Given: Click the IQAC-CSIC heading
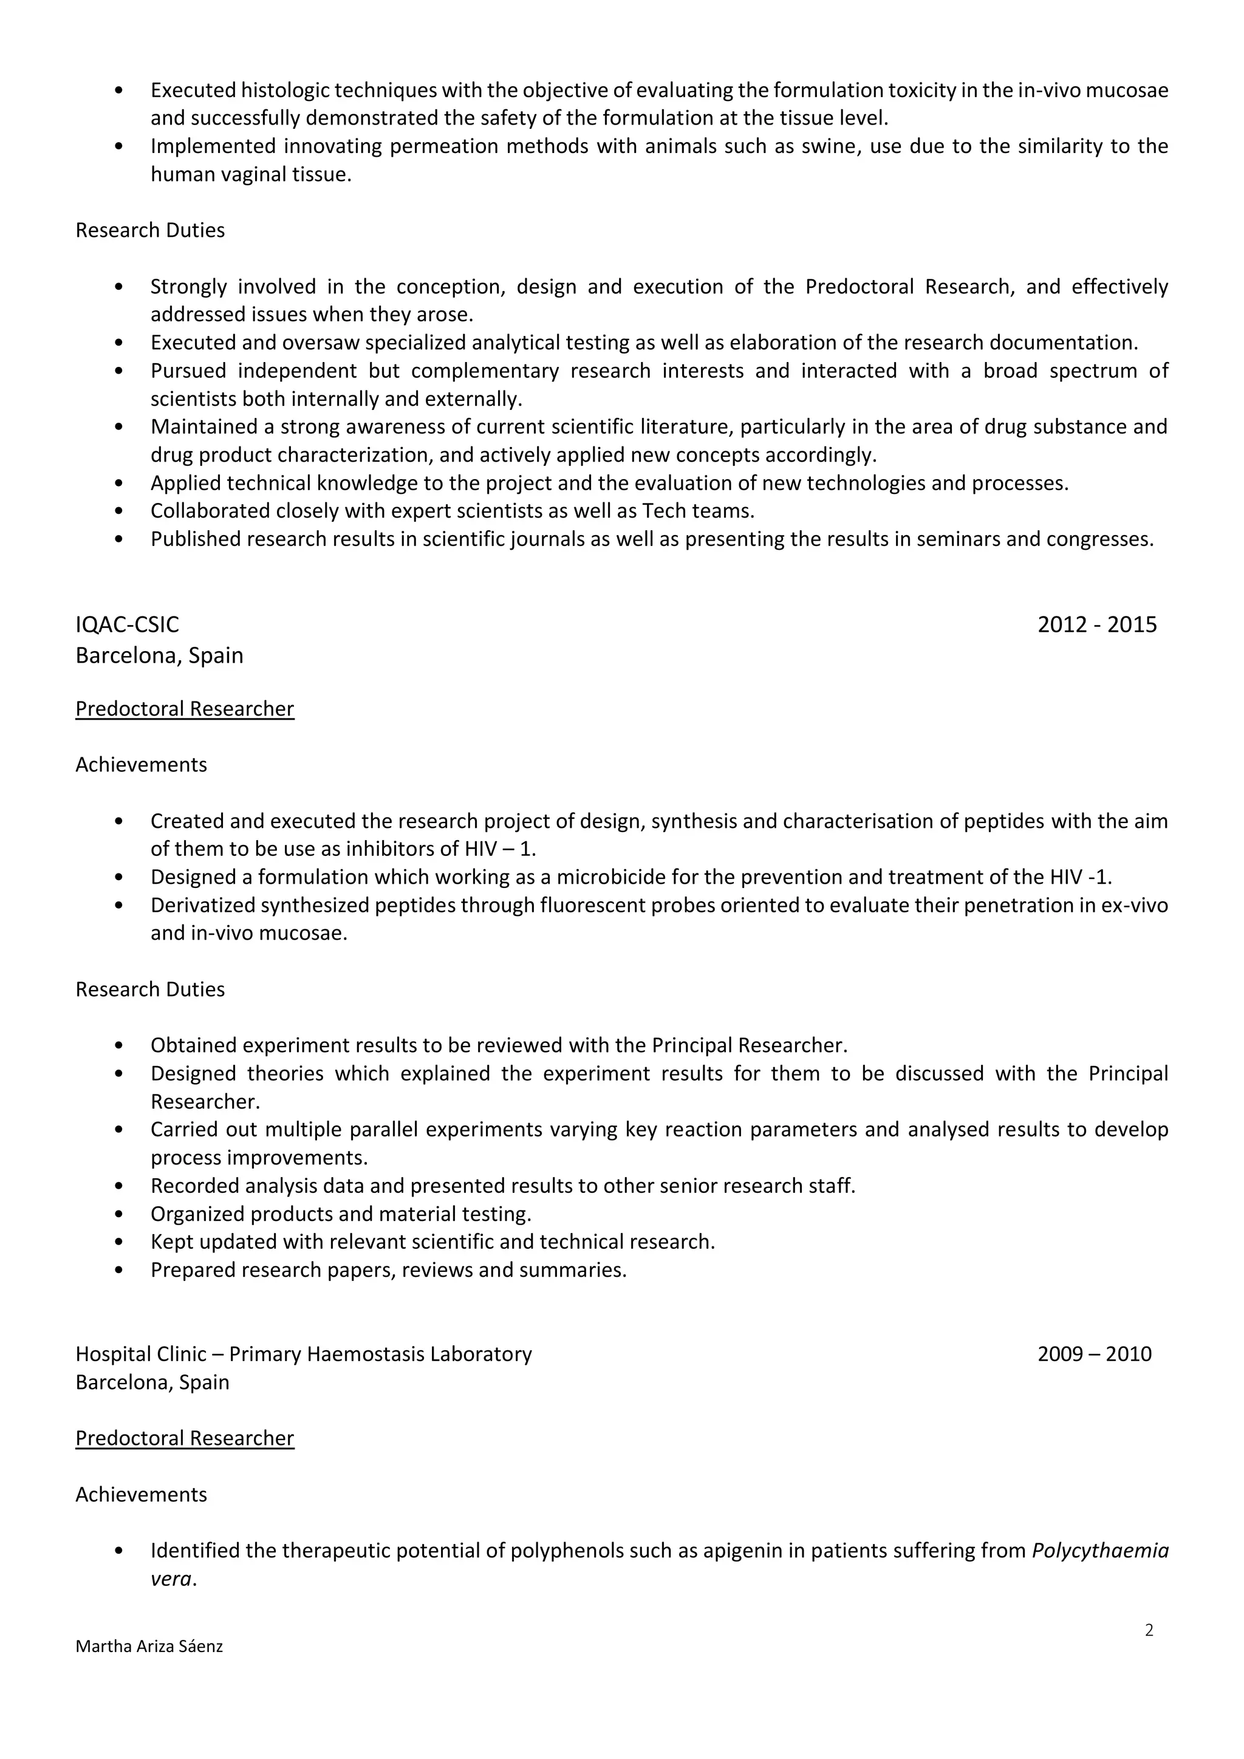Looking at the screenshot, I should (x=127, y=624).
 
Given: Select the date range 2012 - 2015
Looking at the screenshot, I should (x=1096, y=624).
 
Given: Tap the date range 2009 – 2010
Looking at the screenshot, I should (x=1094, y=1354).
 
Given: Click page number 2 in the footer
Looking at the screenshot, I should (x=1148, y=1630).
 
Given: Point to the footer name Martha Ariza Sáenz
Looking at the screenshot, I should (x=149, y=1645).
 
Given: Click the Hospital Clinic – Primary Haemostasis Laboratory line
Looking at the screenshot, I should (x=303, y=1354).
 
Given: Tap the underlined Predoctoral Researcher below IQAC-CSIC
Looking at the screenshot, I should (x=185, y=709).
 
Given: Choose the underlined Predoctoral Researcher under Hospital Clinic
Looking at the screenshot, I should (x=185, y=1438).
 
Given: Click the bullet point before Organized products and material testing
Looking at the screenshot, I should (x=118, y=1214).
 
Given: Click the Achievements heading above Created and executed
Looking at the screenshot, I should (x=141, y=765).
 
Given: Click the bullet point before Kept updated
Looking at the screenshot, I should (x=118, y=1242).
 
